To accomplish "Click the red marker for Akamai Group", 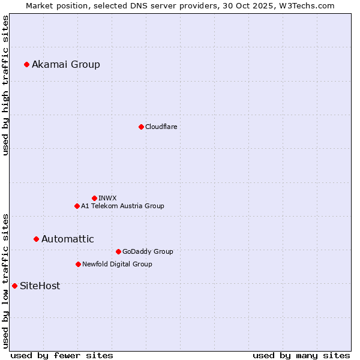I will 26,64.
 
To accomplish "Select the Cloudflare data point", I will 141,127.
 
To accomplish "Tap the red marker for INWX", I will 94,198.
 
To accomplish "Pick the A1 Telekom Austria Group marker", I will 77,206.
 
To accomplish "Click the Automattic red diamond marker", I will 36,239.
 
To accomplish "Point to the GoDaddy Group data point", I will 118,251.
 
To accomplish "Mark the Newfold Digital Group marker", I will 78,264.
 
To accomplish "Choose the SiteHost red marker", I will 14,286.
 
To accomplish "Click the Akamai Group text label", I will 66,65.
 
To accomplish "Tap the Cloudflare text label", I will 161,127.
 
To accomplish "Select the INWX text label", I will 107,198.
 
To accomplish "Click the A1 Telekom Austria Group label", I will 122,206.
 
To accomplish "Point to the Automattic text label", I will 68,239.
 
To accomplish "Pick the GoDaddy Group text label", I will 148,251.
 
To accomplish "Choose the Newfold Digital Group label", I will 117,264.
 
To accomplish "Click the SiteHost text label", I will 40,286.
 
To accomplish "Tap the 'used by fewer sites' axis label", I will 62,355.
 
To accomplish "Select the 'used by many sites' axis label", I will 301,355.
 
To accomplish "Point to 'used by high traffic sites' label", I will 5,85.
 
